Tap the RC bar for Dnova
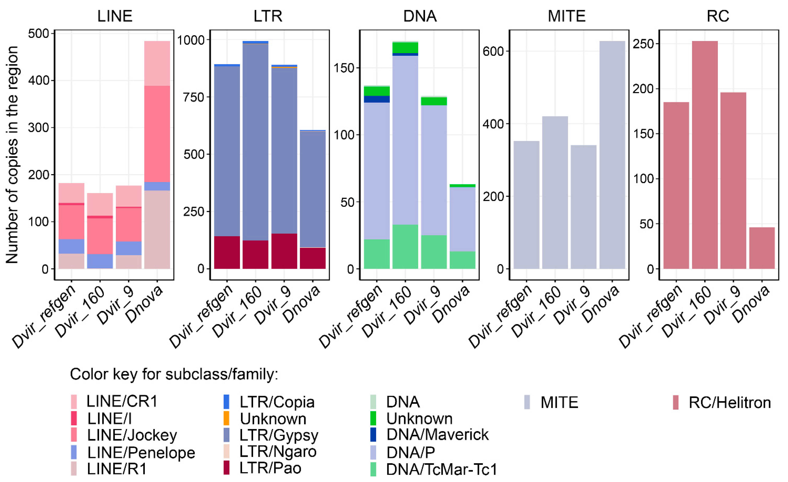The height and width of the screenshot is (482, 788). (762, 248)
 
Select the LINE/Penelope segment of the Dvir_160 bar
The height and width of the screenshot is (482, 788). (100, 261)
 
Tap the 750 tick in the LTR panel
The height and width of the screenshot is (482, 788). (194, 97)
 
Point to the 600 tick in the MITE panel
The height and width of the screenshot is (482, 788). (493, 51)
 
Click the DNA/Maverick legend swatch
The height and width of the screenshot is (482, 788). (373, 434)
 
